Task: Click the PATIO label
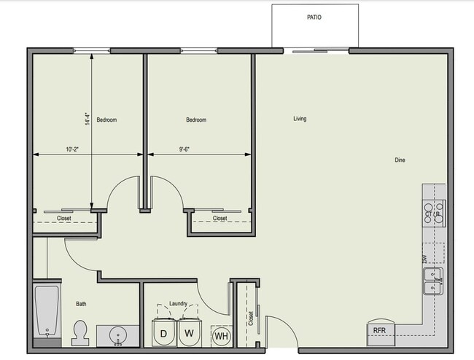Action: [x=314, y=17]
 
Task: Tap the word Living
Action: [x=300, y=119]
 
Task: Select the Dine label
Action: [x=400, y=160]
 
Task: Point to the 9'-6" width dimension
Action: [x=186, y=149]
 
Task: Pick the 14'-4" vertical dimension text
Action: [x=87, y=119]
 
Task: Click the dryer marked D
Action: [x=163, y=334]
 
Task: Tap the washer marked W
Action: [x=189, y=334]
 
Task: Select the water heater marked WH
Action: [x=221, y=336]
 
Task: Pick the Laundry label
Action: [x=178, y=304]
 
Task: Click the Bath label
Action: [x=82, y=305]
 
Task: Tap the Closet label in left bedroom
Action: [x=64, y=218]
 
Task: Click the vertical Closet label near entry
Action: [x=250, y=317]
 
